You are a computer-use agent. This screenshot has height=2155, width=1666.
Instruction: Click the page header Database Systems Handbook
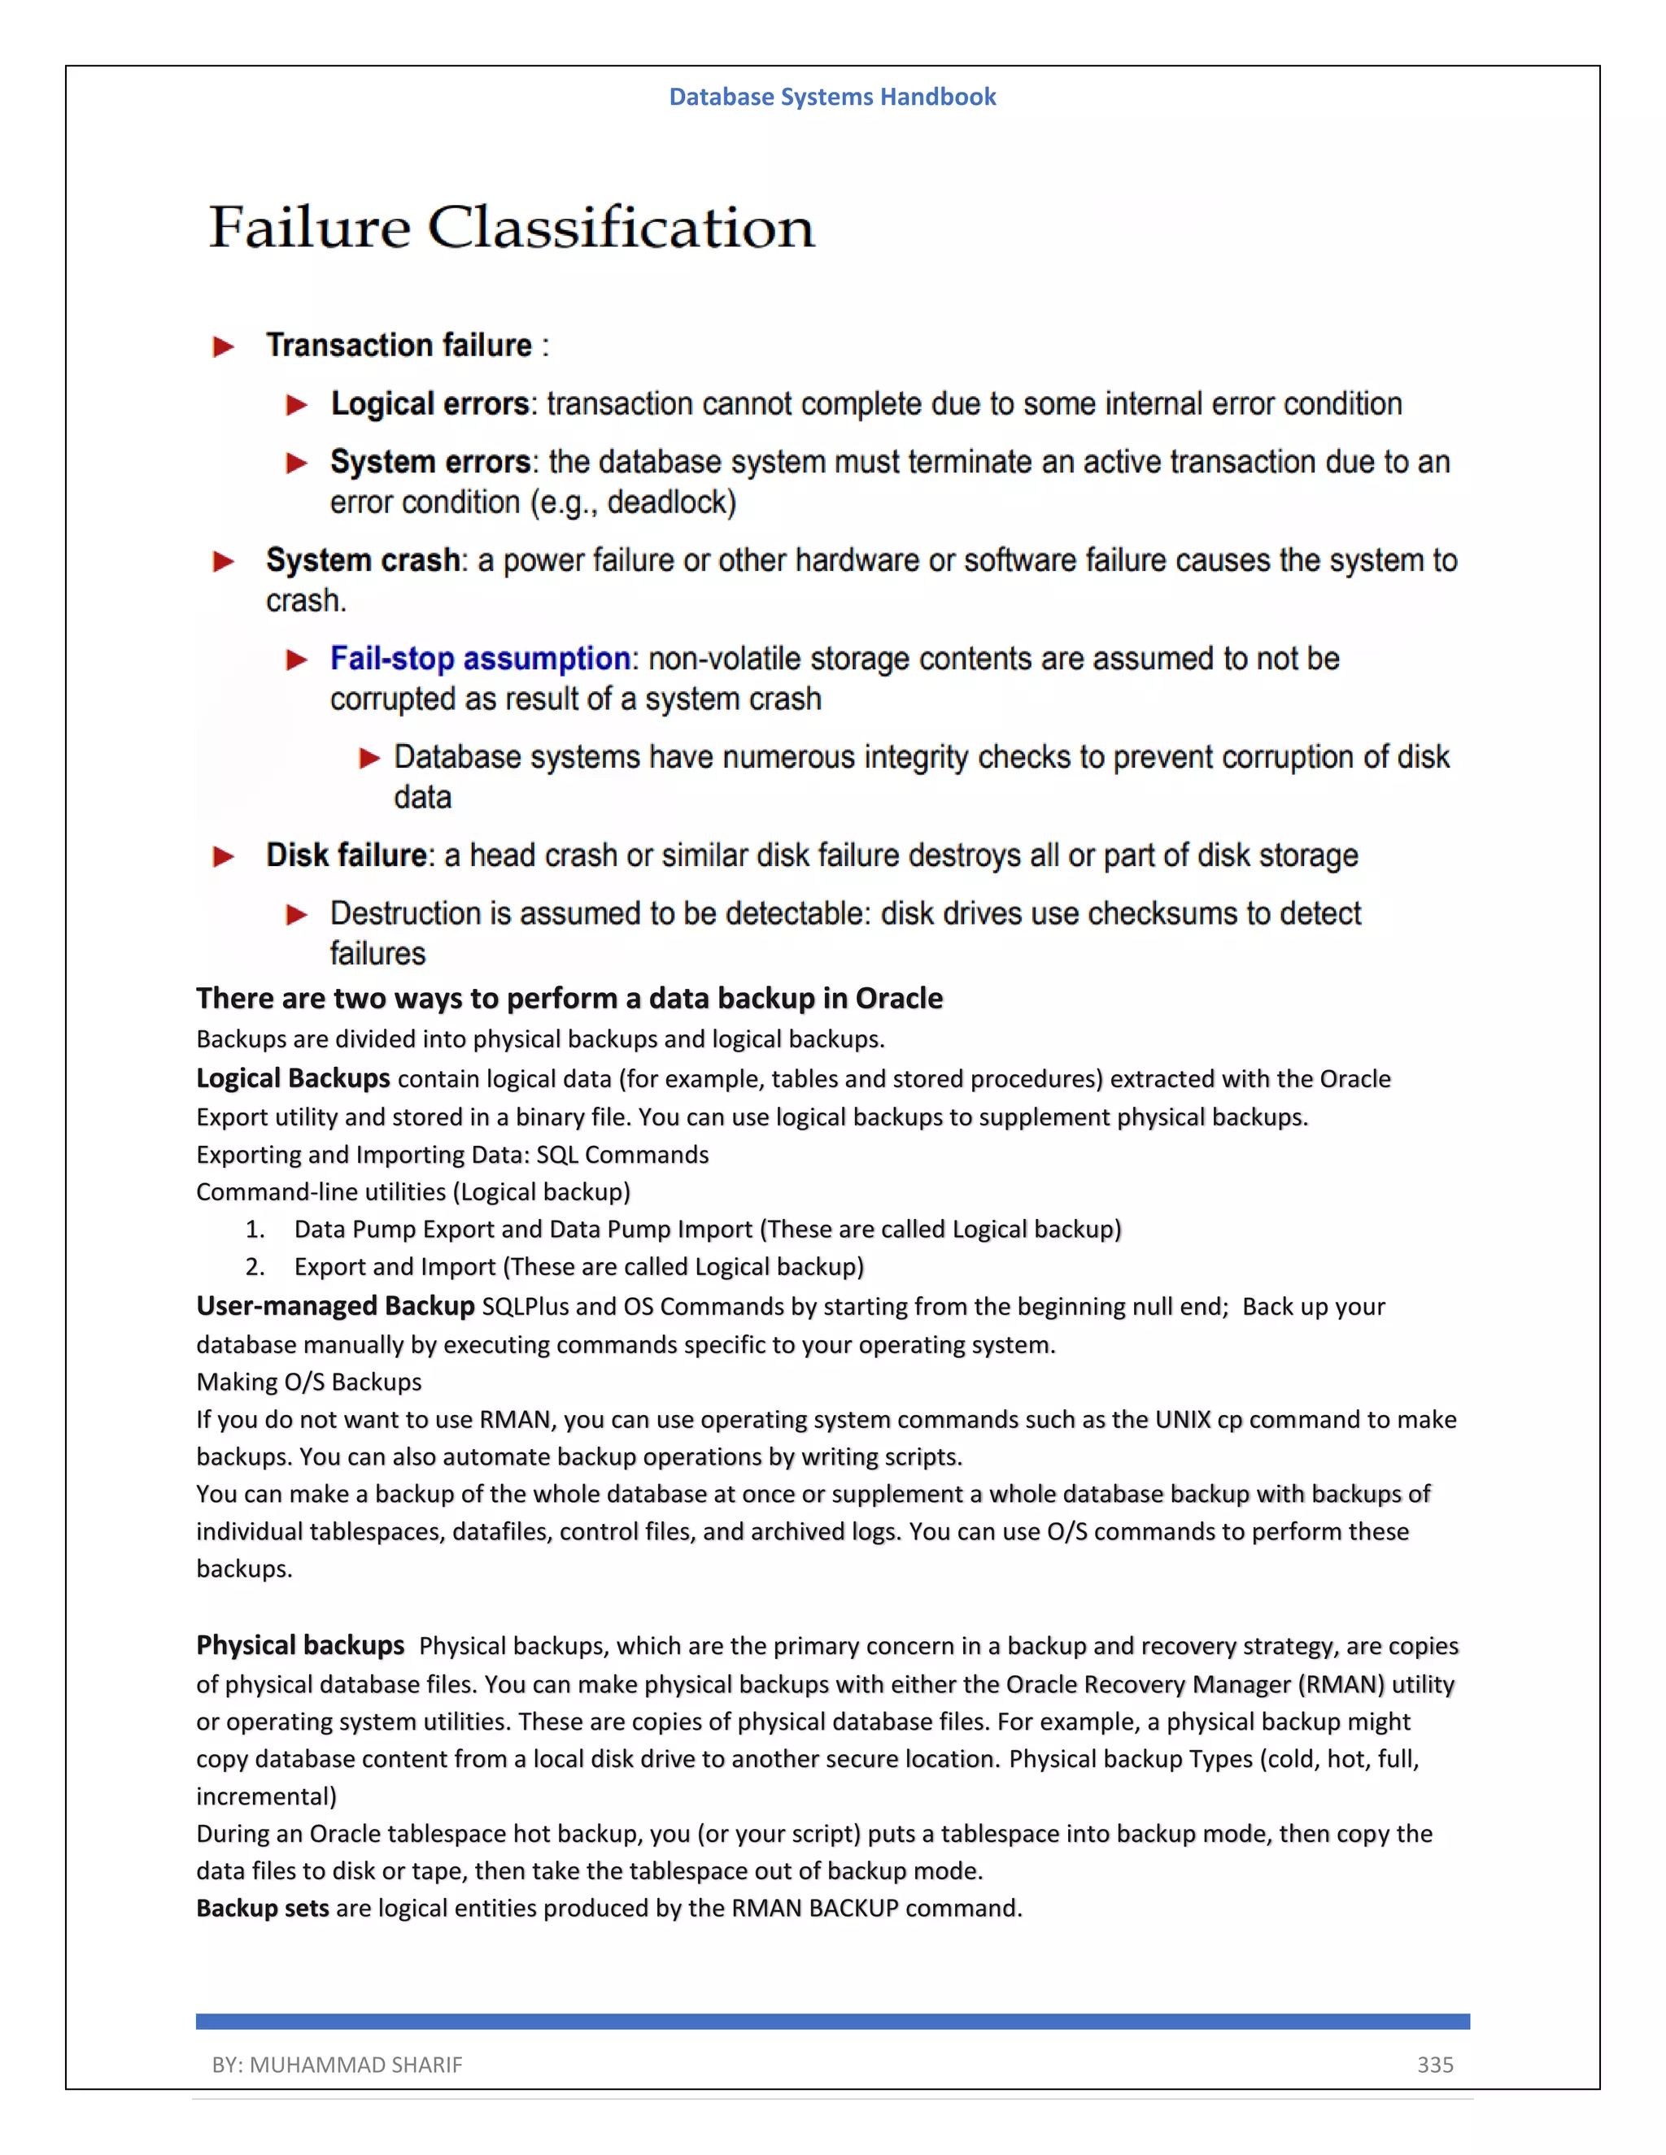coord(832,97)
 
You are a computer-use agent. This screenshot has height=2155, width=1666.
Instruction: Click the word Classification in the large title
coord(621,228)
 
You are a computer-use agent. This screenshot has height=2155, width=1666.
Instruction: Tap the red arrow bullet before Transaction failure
coord(224,346)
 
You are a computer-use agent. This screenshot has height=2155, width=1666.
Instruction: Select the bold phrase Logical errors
coord(430,404)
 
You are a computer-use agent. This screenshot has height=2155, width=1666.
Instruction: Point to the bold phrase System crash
coord(362,560)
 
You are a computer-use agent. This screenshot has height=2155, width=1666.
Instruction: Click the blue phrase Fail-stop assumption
coord(480,660)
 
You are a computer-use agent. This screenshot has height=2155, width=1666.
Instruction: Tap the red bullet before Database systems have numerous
coord(370,758)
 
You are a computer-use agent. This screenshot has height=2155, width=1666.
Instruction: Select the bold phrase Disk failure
coord(347,855)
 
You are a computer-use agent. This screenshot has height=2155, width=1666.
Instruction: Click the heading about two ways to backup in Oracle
coord(569,999)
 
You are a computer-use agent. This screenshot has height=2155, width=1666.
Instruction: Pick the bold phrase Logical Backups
coord(293,1078)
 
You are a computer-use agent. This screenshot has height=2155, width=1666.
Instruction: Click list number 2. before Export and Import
coord(255,1267)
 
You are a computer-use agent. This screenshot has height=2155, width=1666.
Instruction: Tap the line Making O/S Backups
coord(309,1382)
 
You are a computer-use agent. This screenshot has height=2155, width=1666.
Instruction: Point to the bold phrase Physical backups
coord(300,1646)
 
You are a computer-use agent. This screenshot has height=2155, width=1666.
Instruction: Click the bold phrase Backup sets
coord(263,1909)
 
